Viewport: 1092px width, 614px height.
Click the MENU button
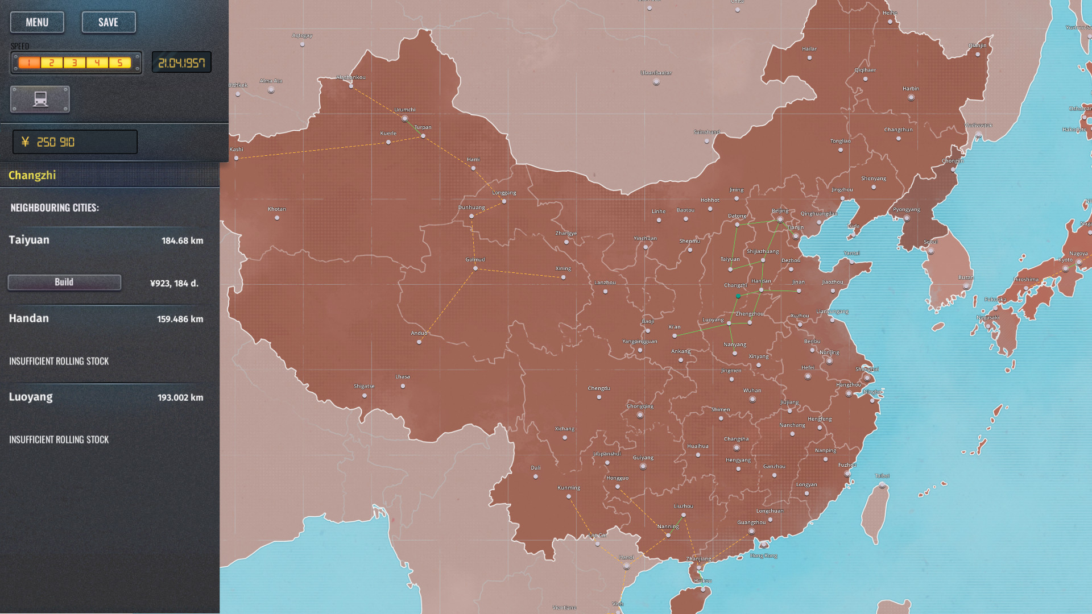(37, 22)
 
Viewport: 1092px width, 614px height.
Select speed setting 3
(75, 63)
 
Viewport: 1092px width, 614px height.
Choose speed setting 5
(120, 63)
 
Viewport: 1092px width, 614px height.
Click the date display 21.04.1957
(181, 63)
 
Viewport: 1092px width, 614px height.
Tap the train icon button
(40, 99)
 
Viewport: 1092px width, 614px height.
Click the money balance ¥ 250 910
(75, 142)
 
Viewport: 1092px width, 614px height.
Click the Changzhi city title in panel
(32, 175)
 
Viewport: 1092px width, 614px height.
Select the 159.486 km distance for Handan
(180, 319)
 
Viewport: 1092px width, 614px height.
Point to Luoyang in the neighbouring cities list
(31, 397)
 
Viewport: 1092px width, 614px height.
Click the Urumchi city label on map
(405, 110)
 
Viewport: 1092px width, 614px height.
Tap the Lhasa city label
(403, 376)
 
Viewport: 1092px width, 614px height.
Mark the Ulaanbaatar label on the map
(656, 73)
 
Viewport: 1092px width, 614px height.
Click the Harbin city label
(911, 89)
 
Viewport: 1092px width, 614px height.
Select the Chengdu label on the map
(598, 388)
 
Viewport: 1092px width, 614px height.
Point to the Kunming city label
(569, 488)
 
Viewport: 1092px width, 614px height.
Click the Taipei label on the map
(882, 476)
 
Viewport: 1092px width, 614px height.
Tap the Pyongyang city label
(906, 209)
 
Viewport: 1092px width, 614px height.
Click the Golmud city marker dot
(475, 268)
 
